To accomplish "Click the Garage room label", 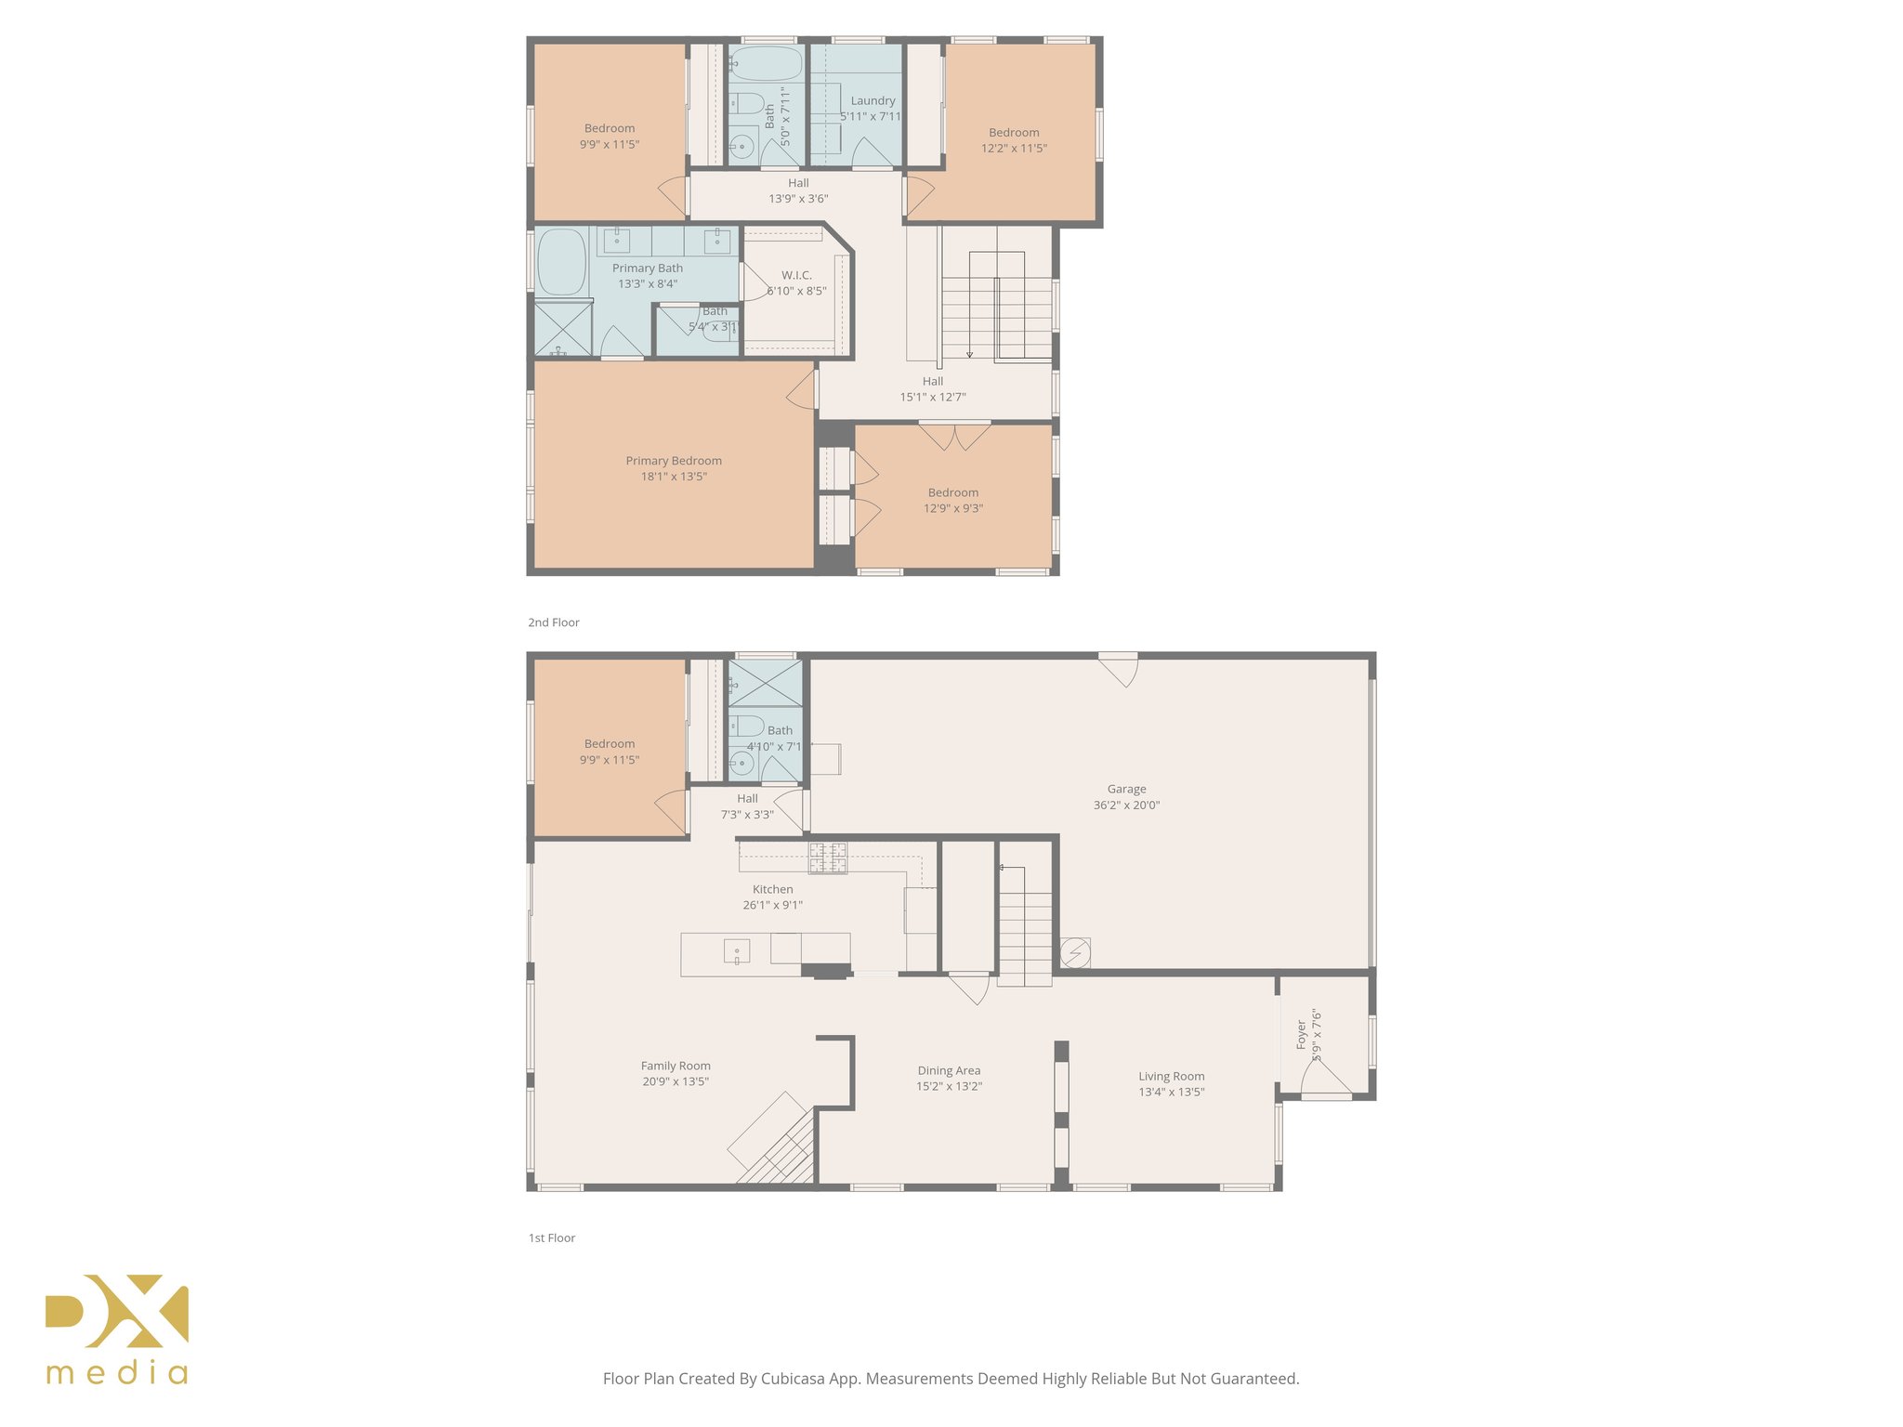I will [1126, 789].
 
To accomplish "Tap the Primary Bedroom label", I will [674, 461].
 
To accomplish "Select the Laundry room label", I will [873, 100].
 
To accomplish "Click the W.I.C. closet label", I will [796, 275].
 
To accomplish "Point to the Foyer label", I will [1302, 1034].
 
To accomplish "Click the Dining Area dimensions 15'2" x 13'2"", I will [949, 1086].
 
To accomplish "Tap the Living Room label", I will [1171, 1076].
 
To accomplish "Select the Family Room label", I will [676, 1066].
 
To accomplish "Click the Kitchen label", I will [772, 889].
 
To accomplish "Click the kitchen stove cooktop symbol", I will [828, 858].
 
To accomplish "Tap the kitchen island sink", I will [737, 952].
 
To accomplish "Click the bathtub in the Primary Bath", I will [561, 262].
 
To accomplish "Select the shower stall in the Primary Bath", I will [563, 328].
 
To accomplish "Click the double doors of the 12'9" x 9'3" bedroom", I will [954, 435].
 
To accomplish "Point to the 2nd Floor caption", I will [554, 622].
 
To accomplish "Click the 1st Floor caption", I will [552, 1237].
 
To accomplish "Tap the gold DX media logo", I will [117, 1329].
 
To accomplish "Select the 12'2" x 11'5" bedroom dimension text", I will [1014, 148].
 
